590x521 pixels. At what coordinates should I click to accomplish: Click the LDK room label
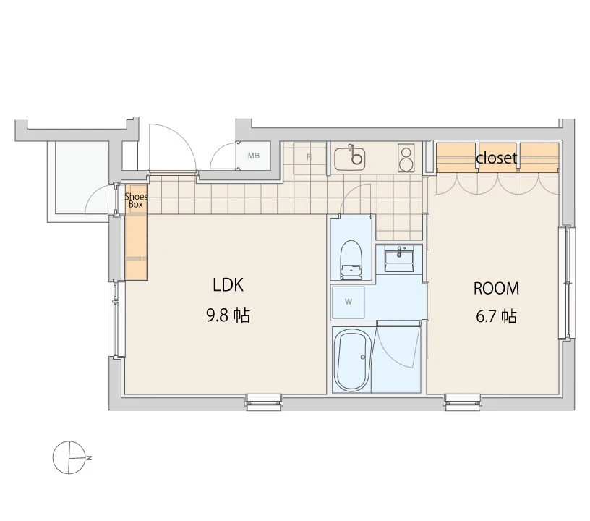pyautogui.click(x=228, y=285)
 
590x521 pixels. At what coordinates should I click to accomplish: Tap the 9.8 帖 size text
pyautogui.click(x=228, y=315)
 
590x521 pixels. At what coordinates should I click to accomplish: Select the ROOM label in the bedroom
pyautogui.click(x=496, y=288)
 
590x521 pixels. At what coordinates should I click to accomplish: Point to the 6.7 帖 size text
pyautogui.click(x=496, y=317)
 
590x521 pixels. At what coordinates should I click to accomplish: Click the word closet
pyautogui.click(x=496, y=158)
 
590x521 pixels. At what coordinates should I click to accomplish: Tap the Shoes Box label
pyautogui.click(x=136, y=200)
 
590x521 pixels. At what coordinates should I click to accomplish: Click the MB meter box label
pyautogui.click(x=254, y=156)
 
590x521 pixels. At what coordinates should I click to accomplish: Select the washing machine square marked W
pyautogui.click(x=348, y=302)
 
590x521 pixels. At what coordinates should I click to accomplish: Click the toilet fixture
pyautogui.click(x=351, y=260)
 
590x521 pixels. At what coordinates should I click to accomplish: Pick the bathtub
pyautogui.click(x=353, y=360)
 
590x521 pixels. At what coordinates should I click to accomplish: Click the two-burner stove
pyautogui.click(x=406, y=158)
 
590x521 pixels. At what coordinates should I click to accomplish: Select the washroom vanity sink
pyautogui.click(x=399, y=258)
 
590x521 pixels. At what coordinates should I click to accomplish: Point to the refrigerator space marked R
pyautogui.click(x=309, y=157)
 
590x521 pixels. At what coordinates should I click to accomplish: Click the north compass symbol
pyautogui.click(x=71, y=458)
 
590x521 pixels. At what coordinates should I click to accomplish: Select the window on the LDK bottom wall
pyautogui.click(x=263, y=402)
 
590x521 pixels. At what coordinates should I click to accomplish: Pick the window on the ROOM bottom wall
pyautogui.click(x=463, y=402)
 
